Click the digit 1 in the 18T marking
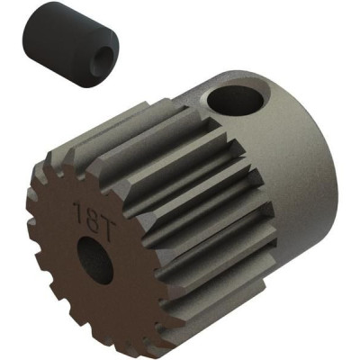coord(77,211)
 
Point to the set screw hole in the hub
coord(236,100)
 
